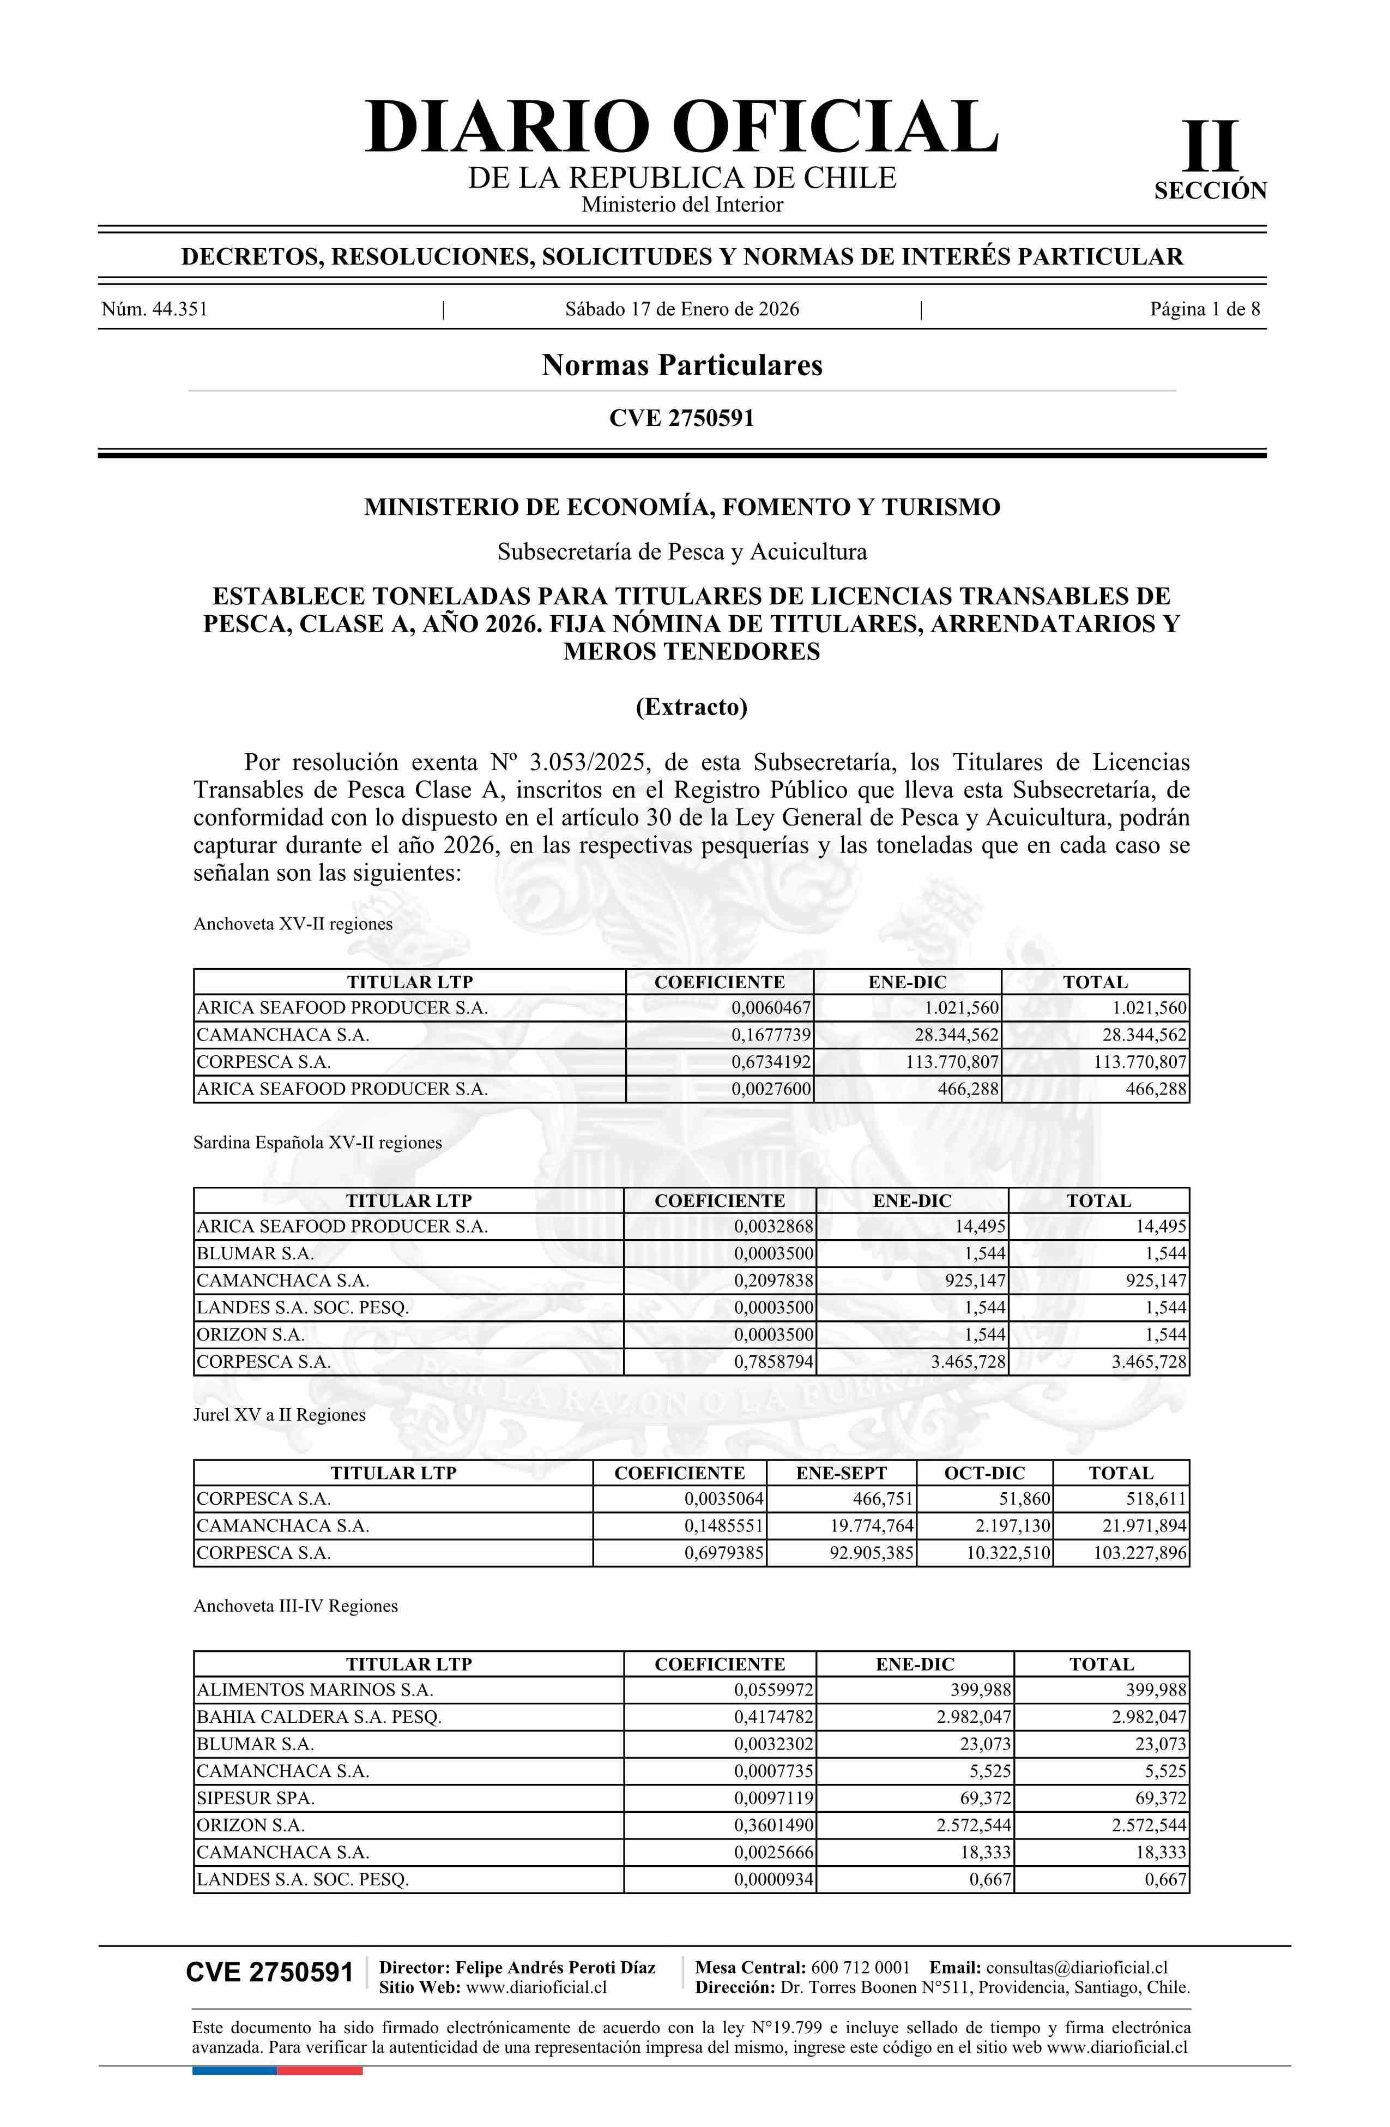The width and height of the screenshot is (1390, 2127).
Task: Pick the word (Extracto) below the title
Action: coord(691,707)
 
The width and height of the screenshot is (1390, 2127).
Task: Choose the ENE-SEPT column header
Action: coord(842,1473)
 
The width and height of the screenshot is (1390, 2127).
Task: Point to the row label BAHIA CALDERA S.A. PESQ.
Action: coord(319,1717)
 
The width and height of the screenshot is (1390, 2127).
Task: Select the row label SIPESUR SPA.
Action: coord(256,1798)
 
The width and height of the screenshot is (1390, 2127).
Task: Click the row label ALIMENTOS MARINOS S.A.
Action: coord(315,1690)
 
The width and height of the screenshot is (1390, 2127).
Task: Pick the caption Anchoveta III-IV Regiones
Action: coord(295,1606)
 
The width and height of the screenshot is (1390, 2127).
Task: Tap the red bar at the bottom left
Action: coord(320,2071)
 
